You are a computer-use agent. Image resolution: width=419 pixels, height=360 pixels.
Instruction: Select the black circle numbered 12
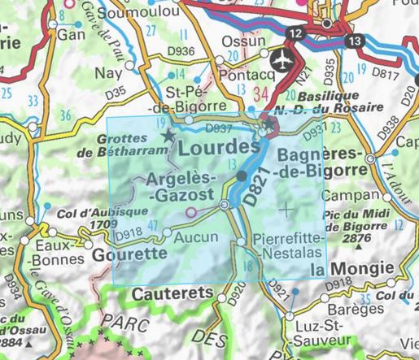tap(295, 33)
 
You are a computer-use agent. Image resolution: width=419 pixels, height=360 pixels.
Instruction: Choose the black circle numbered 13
tap(353, 40)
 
